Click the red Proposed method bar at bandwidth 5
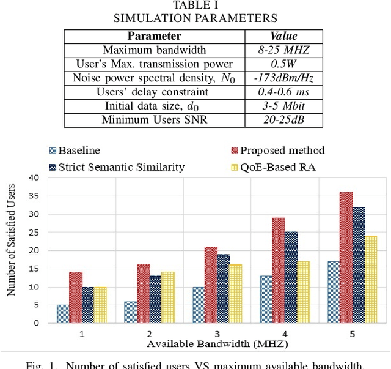coord(345,257)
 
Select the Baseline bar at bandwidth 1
coord(62,313)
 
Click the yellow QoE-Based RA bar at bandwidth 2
coord(167,297)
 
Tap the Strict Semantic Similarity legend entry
coord(116,166)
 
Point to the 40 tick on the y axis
coord(34,177)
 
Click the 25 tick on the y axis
coord(34,232)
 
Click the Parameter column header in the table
coord(155,36)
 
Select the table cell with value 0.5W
coord(283,64)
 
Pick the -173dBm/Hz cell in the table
coord(283,78)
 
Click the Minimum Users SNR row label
coord(155,119)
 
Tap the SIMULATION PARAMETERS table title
coord(195,18)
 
